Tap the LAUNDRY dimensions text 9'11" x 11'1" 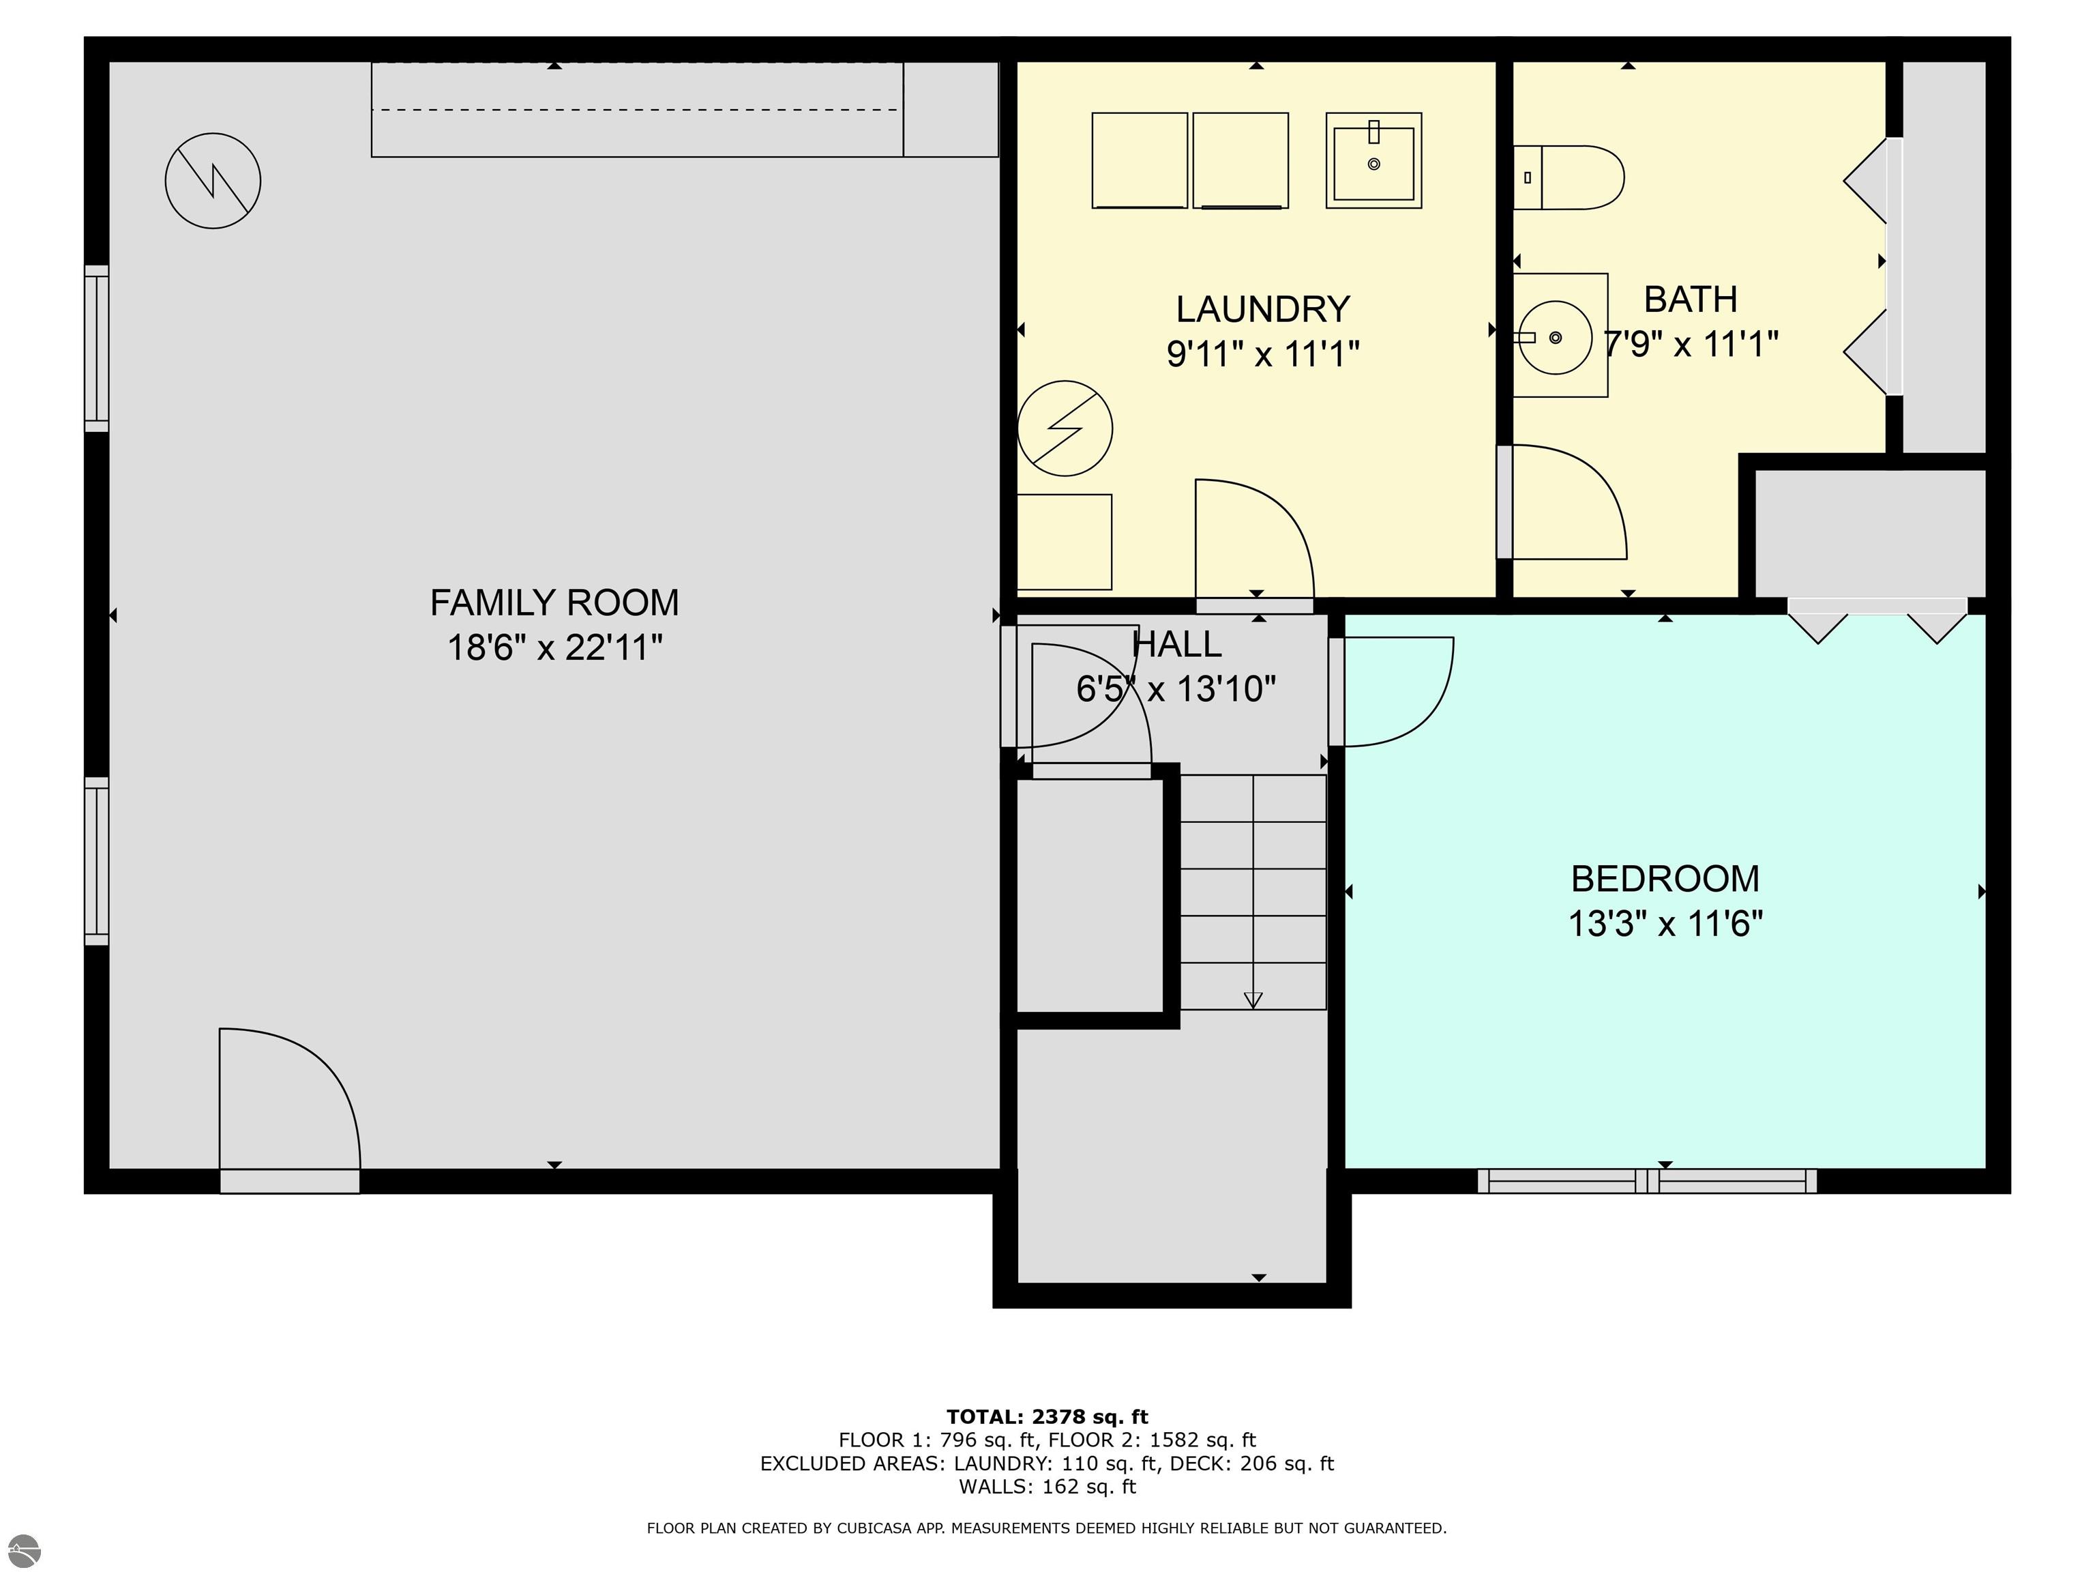pyautogui.click(x=1262, y=354)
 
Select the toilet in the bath pyautogui.click(x=1567, y=177)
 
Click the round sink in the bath pyautogui.click(x=1555, y=336)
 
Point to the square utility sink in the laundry pyautogui.click(x=1373, y=161)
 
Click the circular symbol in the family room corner pyautogui.click(x=213, y=180)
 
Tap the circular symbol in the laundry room pyautogui.click(x=1065, y=428)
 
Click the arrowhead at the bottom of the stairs pyautogui.click(x=1253, y=1000)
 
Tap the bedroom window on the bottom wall pyautogui.click(x=1647, y=1180)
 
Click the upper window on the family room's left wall pyautogui.click(x=97, y=348)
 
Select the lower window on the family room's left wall pyautogui.click(x=97, y=860)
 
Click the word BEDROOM pyautogui.click(x=1665, y=878)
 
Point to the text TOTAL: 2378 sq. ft pyautogui.click(x=1047, y=1416)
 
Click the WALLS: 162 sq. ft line pyautogui.click(x=1047, y=1486)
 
